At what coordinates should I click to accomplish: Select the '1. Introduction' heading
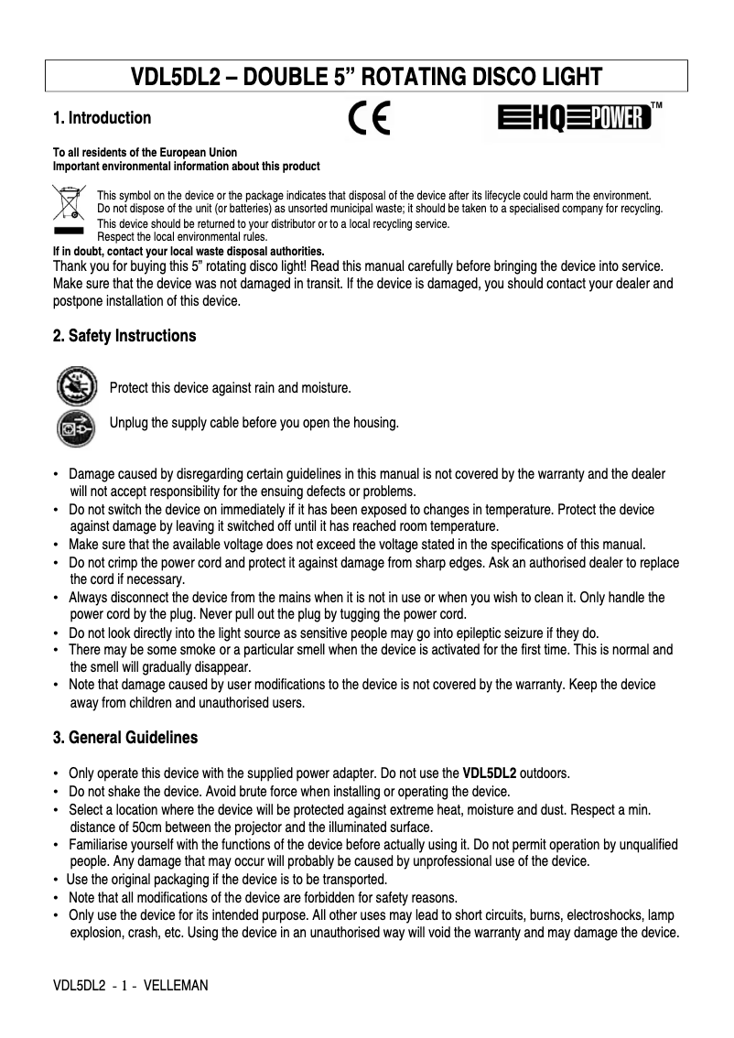point(103,118)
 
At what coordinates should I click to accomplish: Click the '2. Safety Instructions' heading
point(124,336)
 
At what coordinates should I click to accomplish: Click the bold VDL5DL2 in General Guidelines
point(490,773)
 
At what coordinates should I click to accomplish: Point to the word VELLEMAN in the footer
point(177,986)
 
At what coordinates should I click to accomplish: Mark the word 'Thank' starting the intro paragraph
point(70,265)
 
